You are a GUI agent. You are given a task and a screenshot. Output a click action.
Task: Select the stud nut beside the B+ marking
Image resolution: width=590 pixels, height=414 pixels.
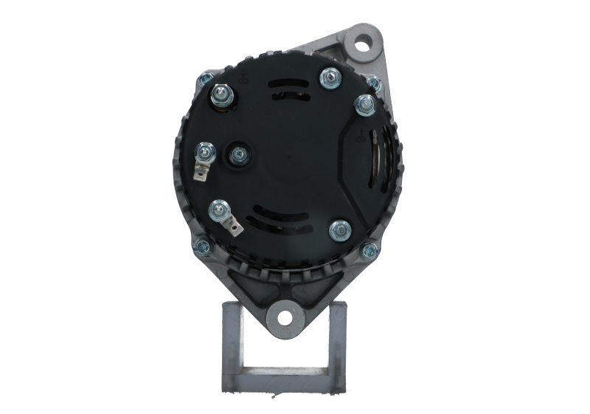[220, 94]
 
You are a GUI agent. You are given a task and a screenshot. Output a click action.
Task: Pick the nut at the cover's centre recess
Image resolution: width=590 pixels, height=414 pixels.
[238, 153]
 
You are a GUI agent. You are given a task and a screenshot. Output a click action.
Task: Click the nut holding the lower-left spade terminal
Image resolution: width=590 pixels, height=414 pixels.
[219, 210]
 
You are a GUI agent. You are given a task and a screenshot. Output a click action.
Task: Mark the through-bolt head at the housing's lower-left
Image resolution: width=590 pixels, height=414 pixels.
[201, 245]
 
